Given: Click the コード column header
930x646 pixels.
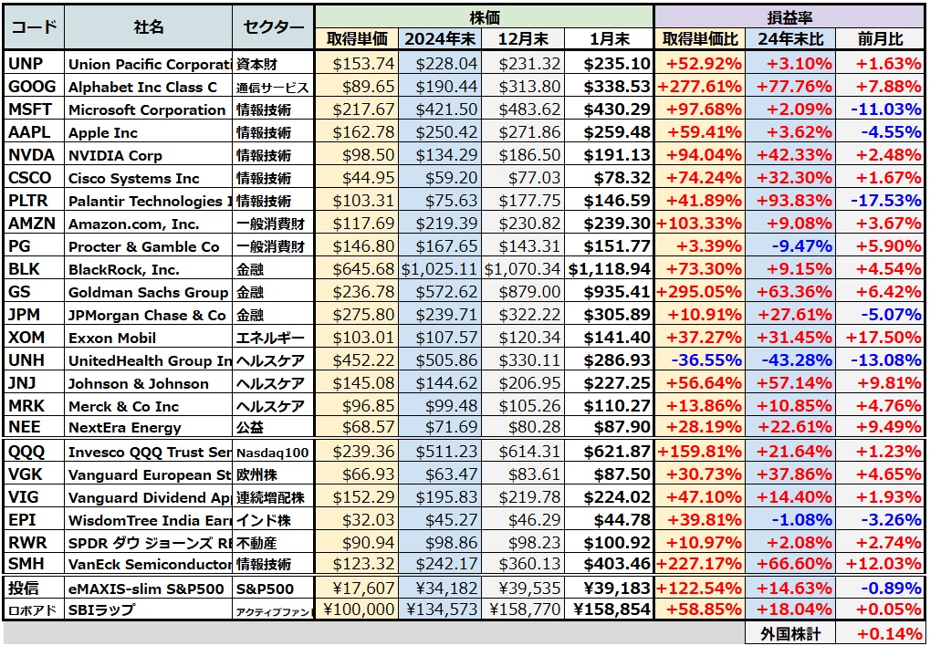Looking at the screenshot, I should pos(34,27).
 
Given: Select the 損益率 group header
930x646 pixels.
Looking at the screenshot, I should pos(789,16).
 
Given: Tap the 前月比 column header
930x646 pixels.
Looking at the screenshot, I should pos(880,39).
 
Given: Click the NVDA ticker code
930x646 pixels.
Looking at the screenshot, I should pos(32,155).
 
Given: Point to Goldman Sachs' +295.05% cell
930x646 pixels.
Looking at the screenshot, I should pos(699,292).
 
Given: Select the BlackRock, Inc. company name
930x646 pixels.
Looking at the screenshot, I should pos(124,269).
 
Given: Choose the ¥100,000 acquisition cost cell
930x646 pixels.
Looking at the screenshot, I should pos(357,610).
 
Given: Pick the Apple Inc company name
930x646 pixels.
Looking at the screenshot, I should pos(103,132).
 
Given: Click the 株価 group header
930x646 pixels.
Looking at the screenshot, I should pos(484,16).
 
